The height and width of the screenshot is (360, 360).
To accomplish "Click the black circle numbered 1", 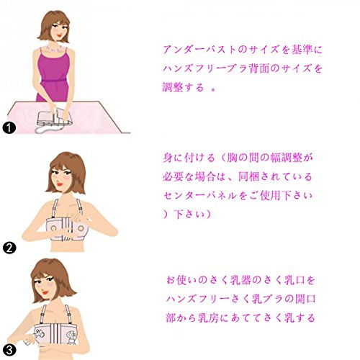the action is coord(9,127).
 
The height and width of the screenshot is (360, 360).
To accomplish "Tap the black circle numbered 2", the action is coord(9,248).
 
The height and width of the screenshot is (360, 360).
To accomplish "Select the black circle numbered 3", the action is coord(9,350).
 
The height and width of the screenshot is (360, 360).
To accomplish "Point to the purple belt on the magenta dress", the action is coord(53,81).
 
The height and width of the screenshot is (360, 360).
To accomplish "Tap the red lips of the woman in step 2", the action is coord(60,184).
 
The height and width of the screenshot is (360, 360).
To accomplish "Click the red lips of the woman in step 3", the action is coord(45,293).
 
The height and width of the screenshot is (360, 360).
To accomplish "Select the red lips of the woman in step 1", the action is coord(60,36).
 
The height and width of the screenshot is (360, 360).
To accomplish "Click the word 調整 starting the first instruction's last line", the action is coord(173,87).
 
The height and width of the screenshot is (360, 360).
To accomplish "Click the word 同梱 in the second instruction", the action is coord(248,177).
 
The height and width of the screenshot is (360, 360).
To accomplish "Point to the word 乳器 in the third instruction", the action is coord(240,280).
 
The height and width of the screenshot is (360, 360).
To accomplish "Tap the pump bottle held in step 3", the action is coord(30,340).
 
